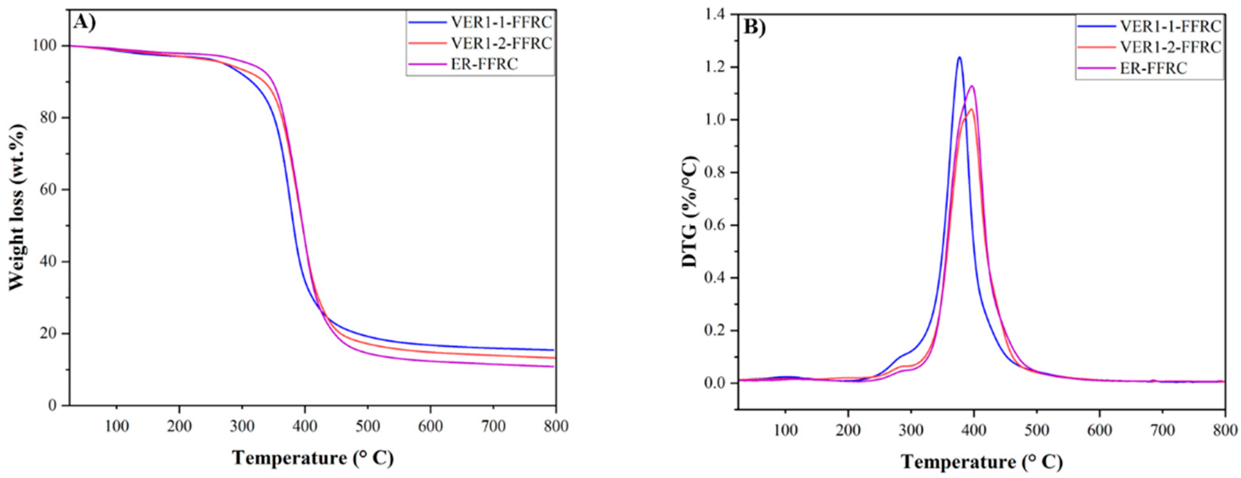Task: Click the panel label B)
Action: (x=756, y=28)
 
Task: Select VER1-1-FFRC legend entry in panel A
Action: (x=501, y=22)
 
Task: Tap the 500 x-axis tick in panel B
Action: (x=1037, y=430)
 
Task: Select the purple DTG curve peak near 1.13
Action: (x=972, y=86)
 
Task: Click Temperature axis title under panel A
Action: (x=313, y=458)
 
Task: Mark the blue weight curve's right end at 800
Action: (x=554, y=350)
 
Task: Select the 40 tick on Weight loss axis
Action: (x=50, y=262)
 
